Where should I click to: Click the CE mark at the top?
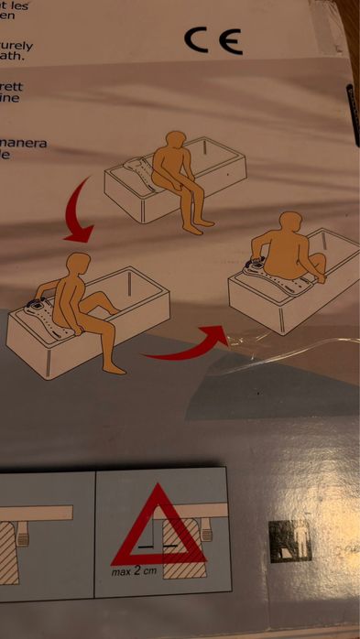click(213, 39)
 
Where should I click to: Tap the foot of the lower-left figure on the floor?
click(115, 368)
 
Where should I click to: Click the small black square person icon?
click(289, 541)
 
